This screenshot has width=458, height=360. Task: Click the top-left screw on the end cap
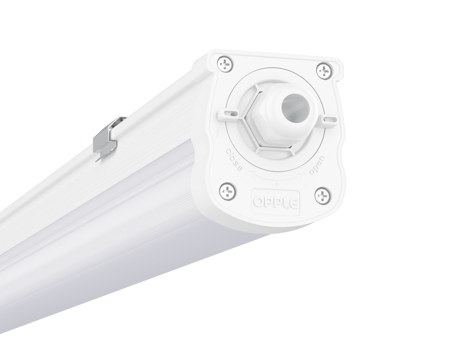(226, 64)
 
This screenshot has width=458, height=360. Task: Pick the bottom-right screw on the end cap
(321, 196)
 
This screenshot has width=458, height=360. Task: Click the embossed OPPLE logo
(276, 199)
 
